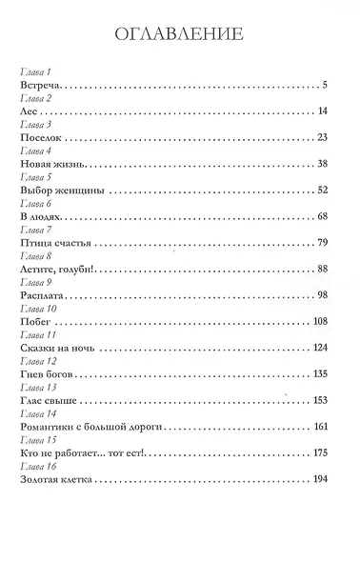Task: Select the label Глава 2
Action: coord(33,99)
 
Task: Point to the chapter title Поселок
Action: coord(41,138)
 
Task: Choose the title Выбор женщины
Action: coord(60,191)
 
